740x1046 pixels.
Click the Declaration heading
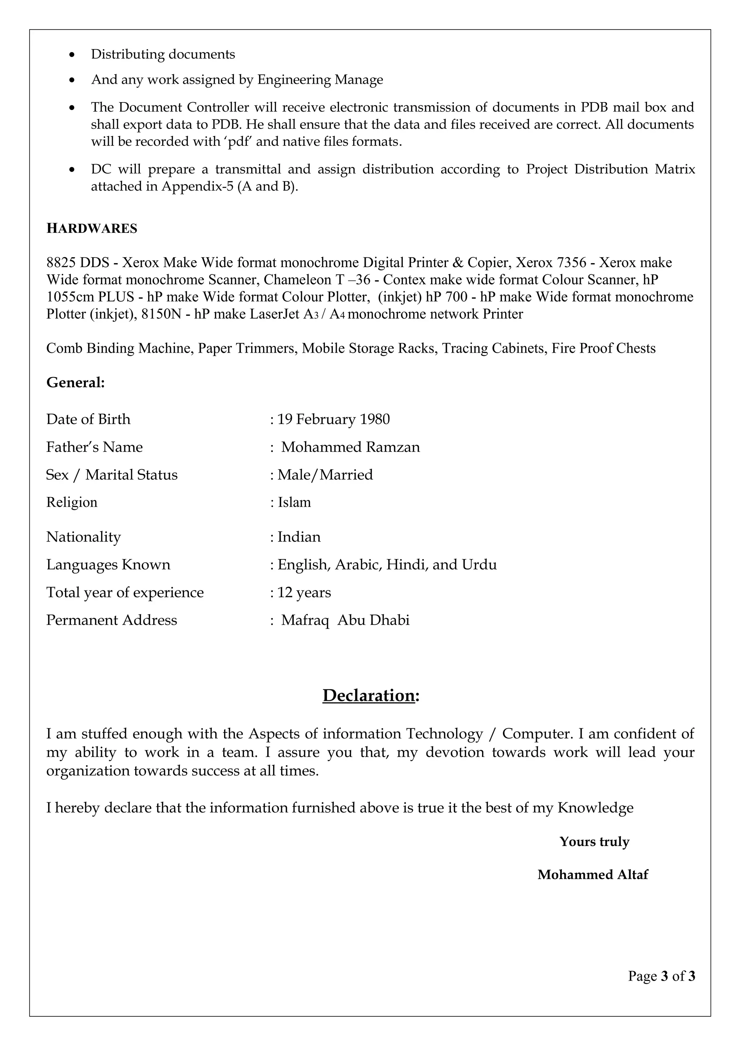[370, 695]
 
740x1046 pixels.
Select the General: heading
[76, 382]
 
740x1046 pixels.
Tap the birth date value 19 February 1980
[333, 419]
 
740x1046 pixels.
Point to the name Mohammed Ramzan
[350, 447]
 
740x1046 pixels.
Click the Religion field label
[72, 502]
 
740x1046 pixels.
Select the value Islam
[294, 502]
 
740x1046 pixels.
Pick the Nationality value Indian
[299, 537]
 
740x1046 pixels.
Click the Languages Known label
[108, 565]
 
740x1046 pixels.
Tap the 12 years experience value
[304, 592]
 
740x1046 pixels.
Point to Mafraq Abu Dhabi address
[345, 620]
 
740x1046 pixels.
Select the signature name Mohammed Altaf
[592, 874]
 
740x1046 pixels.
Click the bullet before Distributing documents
[72, 55]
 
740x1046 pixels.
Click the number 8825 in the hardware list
[61, 262]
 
